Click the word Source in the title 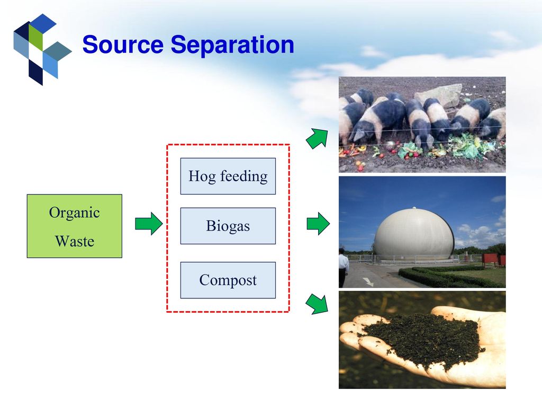point(123,45)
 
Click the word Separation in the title point(232,45)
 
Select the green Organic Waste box point(75,226)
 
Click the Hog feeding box point(228,176)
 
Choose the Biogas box point(228,226)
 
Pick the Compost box point(228,280)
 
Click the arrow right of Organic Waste point(149,224)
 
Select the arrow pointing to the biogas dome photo point(318,224)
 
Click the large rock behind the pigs point(439,94)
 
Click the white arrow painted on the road point(368,281)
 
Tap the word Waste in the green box point(75,241)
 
